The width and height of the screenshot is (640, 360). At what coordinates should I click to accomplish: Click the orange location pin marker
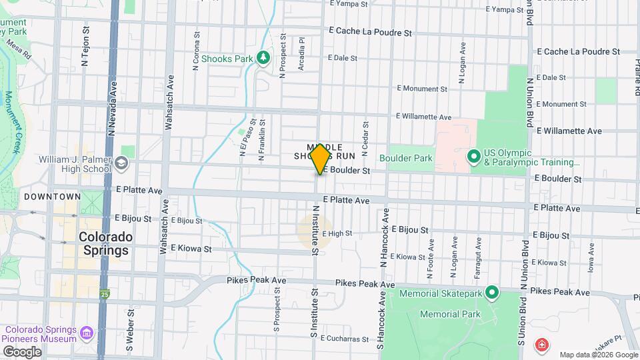320,159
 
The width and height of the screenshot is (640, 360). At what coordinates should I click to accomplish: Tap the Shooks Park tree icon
264,58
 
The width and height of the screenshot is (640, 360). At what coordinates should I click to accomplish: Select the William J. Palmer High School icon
121,162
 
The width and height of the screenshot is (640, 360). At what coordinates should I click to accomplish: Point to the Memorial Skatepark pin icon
492,292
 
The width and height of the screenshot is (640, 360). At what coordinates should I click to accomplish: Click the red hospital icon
542,345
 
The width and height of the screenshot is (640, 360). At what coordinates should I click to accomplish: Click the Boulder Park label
405,158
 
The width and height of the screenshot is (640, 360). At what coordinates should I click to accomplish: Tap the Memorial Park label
450,314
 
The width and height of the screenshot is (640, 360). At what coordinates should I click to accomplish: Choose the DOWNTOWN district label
52,197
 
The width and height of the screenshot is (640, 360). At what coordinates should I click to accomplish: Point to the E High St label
337,233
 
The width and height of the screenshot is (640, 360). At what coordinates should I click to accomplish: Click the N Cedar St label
365,138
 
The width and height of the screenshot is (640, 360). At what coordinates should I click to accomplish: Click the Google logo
21,351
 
